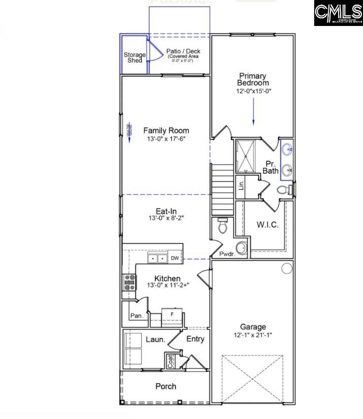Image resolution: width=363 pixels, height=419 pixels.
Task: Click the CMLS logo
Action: (x=338, y=13)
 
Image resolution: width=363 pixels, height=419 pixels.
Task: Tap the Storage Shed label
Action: (x=135, y=57)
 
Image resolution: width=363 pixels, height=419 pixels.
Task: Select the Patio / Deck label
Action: (x=184, y=51)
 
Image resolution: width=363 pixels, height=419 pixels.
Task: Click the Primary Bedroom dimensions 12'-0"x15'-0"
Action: (x=253, y=92)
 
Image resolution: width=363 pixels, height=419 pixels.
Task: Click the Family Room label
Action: (x=166, y=130)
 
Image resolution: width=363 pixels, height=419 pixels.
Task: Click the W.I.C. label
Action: (x=267, y=225)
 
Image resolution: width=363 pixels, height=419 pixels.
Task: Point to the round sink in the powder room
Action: (x=241, y=248)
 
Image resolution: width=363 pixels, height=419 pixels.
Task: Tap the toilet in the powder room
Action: (x=222, y=226)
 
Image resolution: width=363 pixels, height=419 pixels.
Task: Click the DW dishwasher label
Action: (x=175, y=259)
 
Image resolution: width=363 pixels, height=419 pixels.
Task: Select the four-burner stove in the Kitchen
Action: (x=129, y=282)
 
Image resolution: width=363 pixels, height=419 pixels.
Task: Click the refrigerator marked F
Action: (x=171, y=316)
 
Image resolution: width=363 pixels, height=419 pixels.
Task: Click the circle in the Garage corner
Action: (x=287, y=268)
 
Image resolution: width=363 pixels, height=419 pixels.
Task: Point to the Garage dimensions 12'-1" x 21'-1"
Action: (x=253, y=336)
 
